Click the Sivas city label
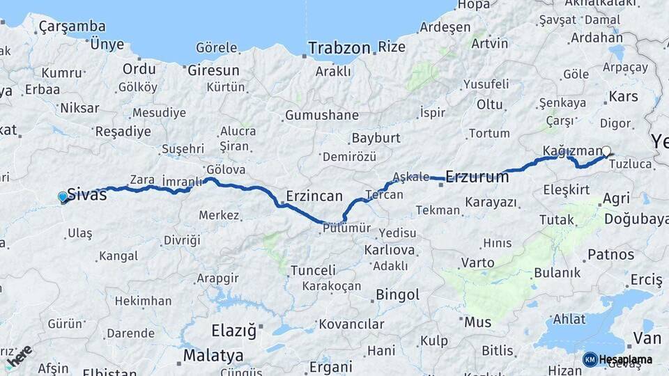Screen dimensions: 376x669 (87, 194)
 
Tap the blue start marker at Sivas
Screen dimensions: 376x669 (63, 198)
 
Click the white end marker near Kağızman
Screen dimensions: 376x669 (606, 151)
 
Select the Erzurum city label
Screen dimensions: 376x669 (477, 177)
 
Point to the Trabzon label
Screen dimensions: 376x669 (339, 48)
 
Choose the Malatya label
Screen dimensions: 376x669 (213, 356)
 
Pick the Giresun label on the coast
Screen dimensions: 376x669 (213, 70)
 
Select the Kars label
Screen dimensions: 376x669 (623, 96)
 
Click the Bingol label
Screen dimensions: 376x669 (397, 295)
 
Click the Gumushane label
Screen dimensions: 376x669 (322, 116)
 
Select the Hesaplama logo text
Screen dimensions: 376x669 (626, 359)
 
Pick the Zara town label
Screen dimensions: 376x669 (142, 180)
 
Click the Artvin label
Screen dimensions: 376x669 (490, 43)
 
